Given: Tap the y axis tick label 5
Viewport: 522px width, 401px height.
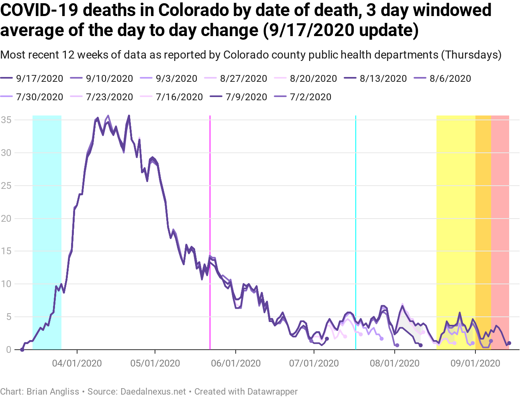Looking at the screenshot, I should click(x=8, y=317).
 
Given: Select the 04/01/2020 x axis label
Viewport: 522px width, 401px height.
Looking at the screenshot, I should click(x=77, y=363).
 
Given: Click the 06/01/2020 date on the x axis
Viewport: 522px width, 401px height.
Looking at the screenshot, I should click(x=236, y=363).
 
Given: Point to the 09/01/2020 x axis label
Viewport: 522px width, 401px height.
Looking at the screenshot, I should click(x=475, y=363).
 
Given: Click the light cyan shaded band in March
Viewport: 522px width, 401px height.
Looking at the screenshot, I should click(x=47, y=200).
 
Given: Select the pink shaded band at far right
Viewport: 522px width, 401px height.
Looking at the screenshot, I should click(x=500, y=200).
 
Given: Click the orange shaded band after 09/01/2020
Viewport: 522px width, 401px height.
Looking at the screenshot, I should click(x=483, y=200).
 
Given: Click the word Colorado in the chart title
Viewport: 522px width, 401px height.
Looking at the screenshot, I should click(x=188, y=10).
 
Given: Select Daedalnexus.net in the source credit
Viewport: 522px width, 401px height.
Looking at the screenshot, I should click(x=153, y=391).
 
